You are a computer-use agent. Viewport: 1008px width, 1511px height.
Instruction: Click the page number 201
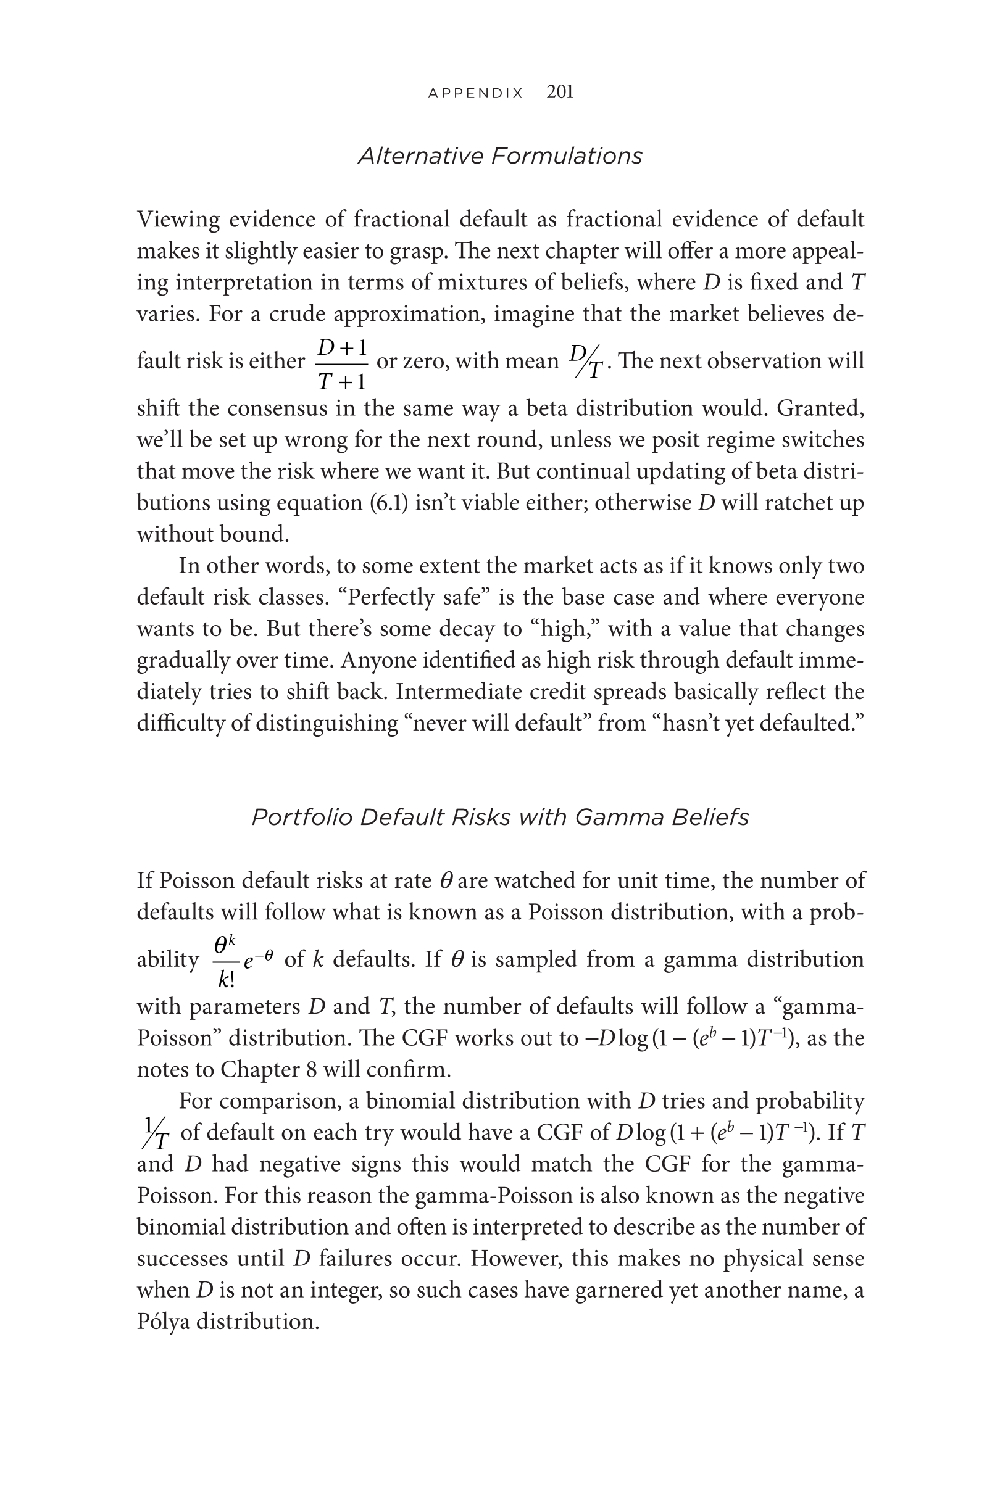click(559, 93)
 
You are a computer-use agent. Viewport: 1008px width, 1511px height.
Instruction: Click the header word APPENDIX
click(476, 93)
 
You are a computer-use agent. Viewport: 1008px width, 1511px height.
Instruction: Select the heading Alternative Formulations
click(499, 156)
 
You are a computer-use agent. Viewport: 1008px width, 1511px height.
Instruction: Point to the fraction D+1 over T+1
click(342, 364)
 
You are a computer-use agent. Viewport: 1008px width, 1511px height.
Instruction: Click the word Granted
click(820, 408)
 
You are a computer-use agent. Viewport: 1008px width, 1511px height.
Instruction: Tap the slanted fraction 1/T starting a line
click(154, 1133)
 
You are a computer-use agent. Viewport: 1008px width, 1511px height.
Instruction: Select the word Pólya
click(164, 1322)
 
